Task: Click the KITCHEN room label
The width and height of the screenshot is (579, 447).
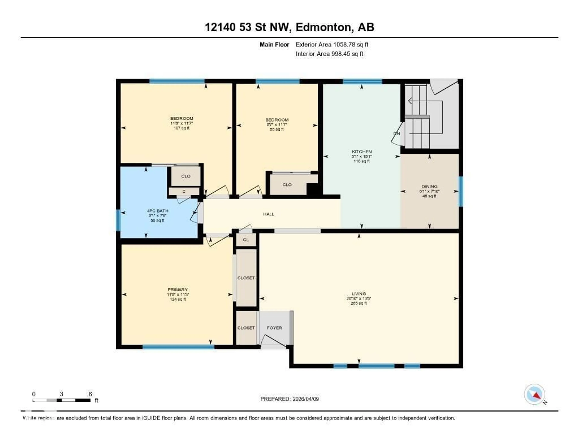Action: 362,152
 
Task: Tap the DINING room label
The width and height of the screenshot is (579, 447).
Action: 429,187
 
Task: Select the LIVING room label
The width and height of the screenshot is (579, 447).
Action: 359,294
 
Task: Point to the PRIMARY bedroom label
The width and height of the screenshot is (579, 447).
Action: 177,290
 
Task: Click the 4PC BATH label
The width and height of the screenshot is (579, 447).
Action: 157,211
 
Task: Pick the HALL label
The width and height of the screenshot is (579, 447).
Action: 269,214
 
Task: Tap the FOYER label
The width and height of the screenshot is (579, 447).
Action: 274,328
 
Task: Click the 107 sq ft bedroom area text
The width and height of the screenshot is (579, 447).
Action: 182,128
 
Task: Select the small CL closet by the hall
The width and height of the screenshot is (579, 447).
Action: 246,240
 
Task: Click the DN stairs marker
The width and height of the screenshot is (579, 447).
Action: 397,134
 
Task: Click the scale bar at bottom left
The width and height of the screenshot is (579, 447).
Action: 62,400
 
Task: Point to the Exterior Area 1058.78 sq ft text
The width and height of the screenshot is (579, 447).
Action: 332,44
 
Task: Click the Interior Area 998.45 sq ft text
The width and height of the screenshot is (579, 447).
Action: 329,54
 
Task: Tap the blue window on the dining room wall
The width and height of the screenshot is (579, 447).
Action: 461,191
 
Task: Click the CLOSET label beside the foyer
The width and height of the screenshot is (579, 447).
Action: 246,328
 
